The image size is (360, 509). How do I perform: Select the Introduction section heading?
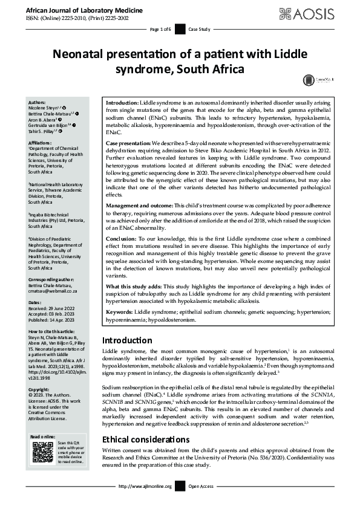point(127,340)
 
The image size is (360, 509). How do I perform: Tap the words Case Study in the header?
point(199,29)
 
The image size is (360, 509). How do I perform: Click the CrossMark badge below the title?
point(309,79)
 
